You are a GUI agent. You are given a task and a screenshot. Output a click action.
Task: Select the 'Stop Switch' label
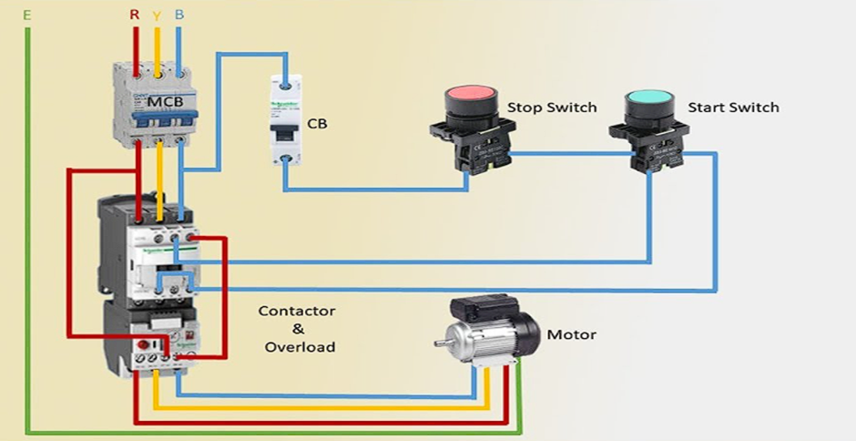(552, 108)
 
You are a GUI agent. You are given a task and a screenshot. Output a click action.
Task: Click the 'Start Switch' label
(733, 108)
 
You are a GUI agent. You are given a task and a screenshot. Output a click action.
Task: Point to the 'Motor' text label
(571, 334)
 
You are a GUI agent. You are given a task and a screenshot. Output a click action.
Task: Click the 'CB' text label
(317, 122)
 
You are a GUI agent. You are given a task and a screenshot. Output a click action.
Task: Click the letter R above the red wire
(135, 15)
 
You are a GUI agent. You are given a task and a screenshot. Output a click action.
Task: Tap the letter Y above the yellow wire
(158, 15)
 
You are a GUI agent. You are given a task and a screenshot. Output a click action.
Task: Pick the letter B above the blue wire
(178, 15)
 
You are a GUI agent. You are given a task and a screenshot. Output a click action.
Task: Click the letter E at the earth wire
(26, 15)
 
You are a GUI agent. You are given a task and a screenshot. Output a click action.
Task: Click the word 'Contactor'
(297, 311)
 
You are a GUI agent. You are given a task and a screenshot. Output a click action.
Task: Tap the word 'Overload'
(300, 347)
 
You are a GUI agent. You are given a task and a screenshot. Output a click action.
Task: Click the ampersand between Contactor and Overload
(298, 329)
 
